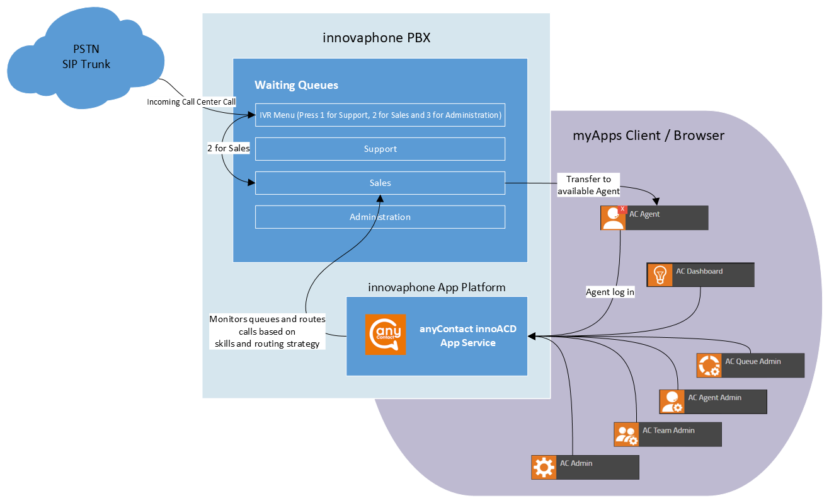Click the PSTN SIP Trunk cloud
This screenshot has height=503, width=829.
click(x=86, y=57)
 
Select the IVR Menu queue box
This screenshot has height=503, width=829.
click(x=380, y=115)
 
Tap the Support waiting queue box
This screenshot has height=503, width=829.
click(x=380, y=149)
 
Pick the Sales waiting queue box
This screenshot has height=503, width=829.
click(x=380, y=183)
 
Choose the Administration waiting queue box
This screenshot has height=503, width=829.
click(x=380, y=217)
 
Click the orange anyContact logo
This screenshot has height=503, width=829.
click(x=386, y=335)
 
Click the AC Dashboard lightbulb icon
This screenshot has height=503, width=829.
click(x=660, y=274)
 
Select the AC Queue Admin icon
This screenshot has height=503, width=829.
click(x=709, y=366)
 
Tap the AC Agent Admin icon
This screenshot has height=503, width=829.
click(x=672, y=402)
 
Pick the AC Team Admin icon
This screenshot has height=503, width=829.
click(x=626, y=434)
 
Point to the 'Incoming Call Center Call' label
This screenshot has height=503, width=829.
click(x=192, y=101)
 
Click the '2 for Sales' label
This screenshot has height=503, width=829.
click(x=229, y=149)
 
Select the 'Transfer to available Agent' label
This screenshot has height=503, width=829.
click(x=588, y=185)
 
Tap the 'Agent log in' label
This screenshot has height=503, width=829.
click(x=610, y=292)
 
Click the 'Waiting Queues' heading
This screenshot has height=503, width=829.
click(x=296, y=85)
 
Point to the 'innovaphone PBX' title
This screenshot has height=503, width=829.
click(x=377, y=38)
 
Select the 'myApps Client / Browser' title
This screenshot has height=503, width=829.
click(x=648, y=136)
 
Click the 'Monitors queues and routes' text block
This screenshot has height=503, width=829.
click(x=267, y=332)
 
